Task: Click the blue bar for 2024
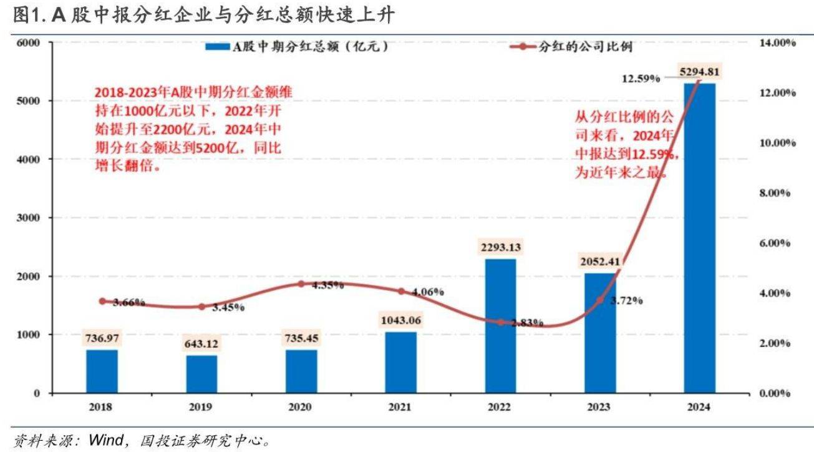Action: coord(700,237)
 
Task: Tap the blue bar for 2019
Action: coord(202,374)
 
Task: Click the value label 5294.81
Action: coord(700,72)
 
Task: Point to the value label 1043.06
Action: coord(401,320)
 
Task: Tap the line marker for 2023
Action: coord(600,300)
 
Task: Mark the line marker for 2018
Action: coord(102,301)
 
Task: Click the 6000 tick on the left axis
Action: coord(29,42)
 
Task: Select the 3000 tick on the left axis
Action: coord(29,218)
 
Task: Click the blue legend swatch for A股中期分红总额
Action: coord(218,46)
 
